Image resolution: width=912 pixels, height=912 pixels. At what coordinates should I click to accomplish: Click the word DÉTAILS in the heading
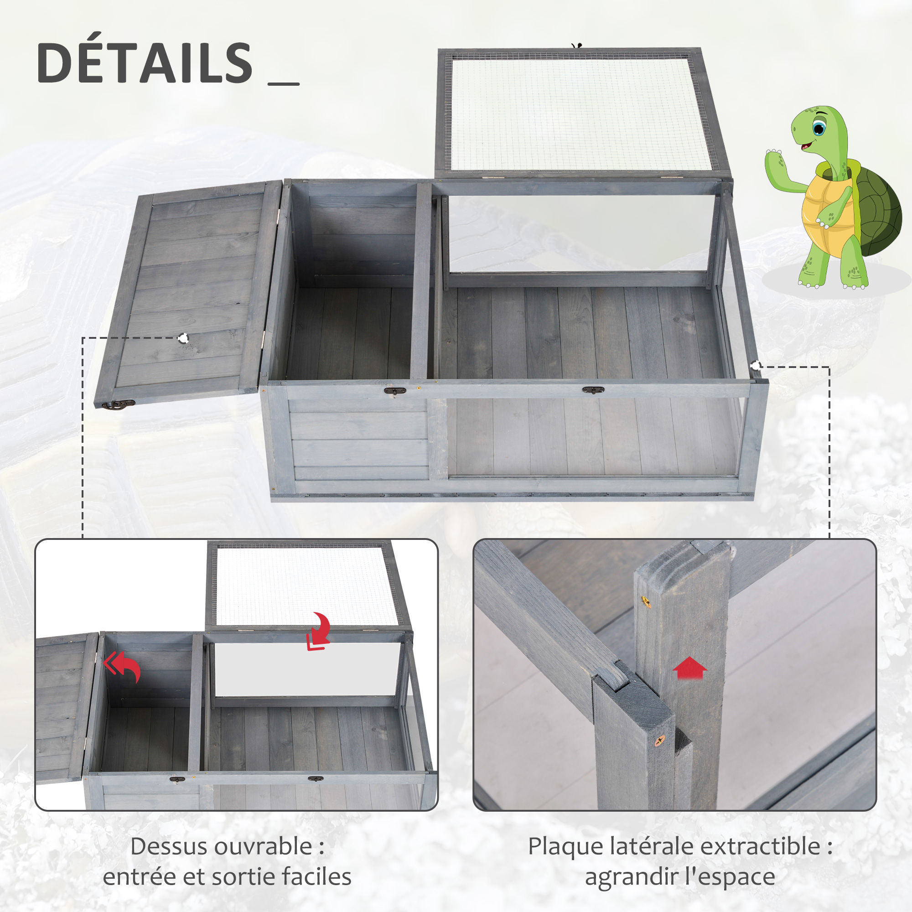point(145,62)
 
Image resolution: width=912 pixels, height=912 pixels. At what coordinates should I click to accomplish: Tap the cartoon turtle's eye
point(819,128)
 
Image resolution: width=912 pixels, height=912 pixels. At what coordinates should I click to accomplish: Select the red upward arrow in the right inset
point(689,668)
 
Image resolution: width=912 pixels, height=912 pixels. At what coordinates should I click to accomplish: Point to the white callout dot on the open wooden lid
point(184,338)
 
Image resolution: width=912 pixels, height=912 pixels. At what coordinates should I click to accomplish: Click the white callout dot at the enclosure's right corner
point(756,366)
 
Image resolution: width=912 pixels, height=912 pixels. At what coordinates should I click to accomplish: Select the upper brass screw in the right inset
point(645,601)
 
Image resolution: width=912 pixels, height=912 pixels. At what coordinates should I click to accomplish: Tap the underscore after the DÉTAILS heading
point(283,84)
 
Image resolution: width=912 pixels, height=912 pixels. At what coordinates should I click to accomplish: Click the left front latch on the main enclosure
point(395,391)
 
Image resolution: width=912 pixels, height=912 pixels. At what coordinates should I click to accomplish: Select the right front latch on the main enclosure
point(593,390)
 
